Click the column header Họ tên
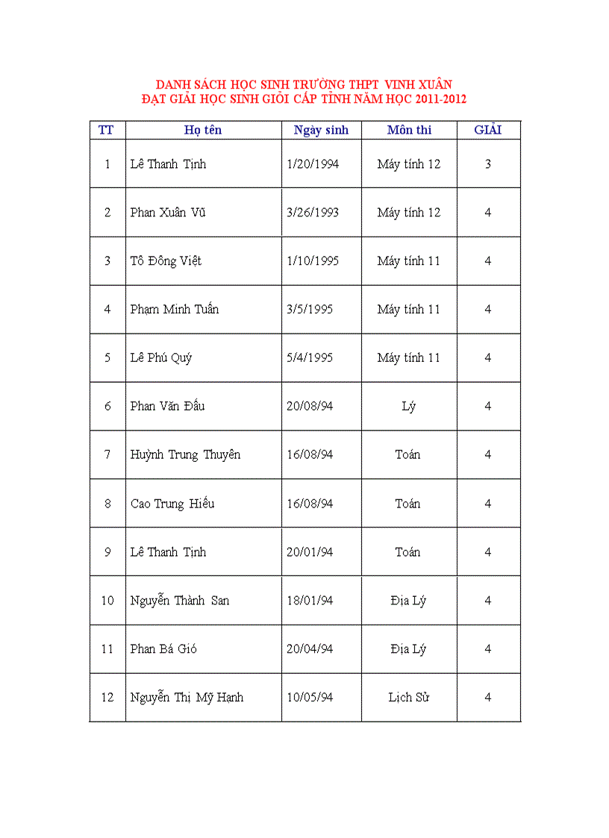coord(203,130)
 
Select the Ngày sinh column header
coord(321,130)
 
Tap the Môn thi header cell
coord(409,130)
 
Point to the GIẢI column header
coord(488,130)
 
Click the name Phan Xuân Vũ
coord(168,212)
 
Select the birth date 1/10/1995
coord(313,260)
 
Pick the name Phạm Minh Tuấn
coord(175,309)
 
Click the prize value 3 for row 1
coord(488,163)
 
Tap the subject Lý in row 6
coord(408,407)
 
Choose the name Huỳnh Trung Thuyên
coord(185,454)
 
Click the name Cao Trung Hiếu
coord(172,504)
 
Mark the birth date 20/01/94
coord(310,552)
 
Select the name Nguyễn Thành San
coord(180,600)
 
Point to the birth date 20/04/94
coord(310,648)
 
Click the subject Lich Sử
coord(409,697)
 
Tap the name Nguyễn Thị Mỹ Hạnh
coord(187,698)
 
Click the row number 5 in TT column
coord(107,357)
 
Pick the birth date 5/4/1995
coord(310,357)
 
